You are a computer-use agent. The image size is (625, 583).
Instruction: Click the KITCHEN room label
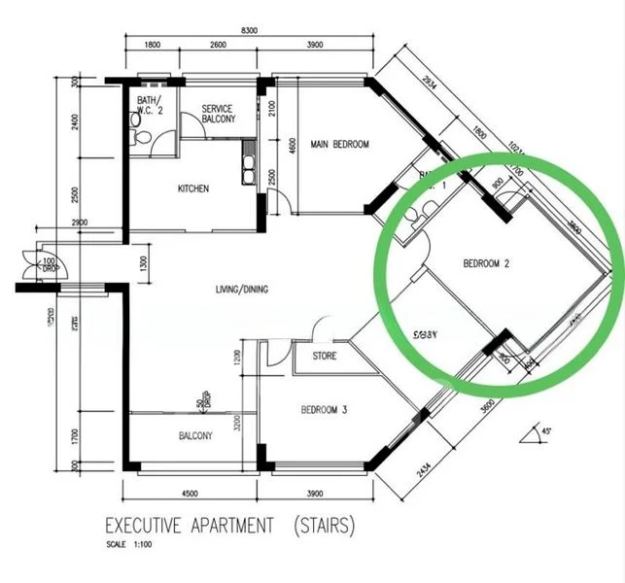click(192, 189)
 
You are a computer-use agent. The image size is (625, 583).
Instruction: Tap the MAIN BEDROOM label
click(339, 145)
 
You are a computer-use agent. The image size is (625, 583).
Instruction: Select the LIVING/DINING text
click(242, 290)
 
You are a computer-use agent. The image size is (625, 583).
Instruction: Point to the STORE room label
click(325, 357)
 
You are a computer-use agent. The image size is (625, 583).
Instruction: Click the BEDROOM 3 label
click(324, 410)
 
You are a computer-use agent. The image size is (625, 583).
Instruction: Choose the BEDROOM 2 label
click(487, 262)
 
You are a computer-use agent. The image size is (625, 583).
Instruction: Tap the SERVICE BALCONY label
click(218, 114)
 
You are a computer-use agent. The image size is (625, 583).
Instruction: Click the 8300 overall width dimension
click(249, 31)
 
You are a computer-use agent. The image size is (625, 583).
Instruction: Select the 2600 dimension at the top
click(217, 46)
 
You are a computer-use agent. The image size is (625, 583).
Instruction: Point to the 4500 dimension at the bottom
click(190, 492)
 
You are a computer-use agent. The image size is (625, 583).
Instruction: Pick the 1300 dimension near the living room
click(144, 263)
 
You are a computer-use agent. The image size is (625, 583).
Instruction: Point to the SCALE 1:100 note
click(127, 544)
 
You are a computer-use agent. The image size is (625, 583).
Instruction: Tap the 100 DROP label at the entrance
click(48, 265)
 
